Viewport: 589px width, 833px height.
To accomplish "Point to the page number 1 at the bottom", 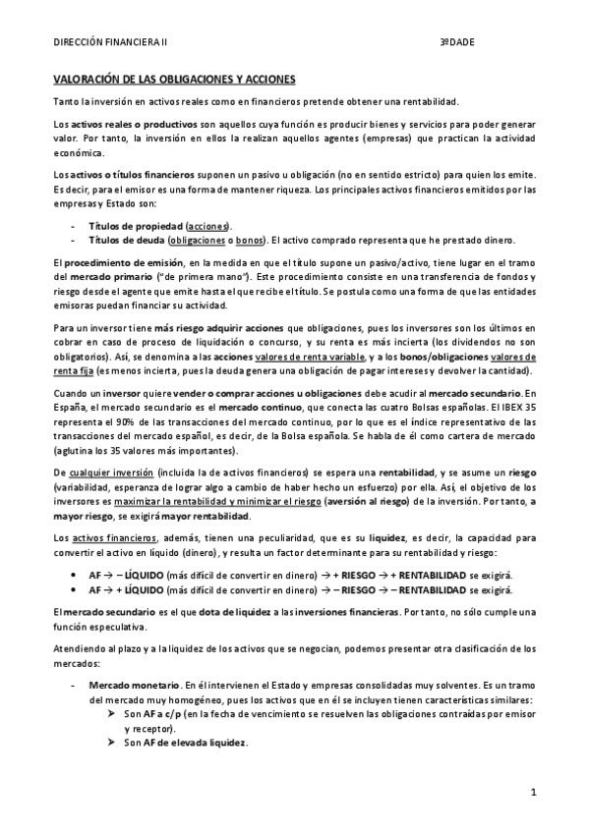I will tap(532, 792).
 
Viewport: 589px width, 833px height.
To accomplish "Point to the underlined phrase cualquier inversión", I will tap(110, 472).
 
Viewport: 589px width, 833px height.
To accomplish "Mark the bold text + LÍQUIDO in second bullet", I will tap(140, 585).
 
